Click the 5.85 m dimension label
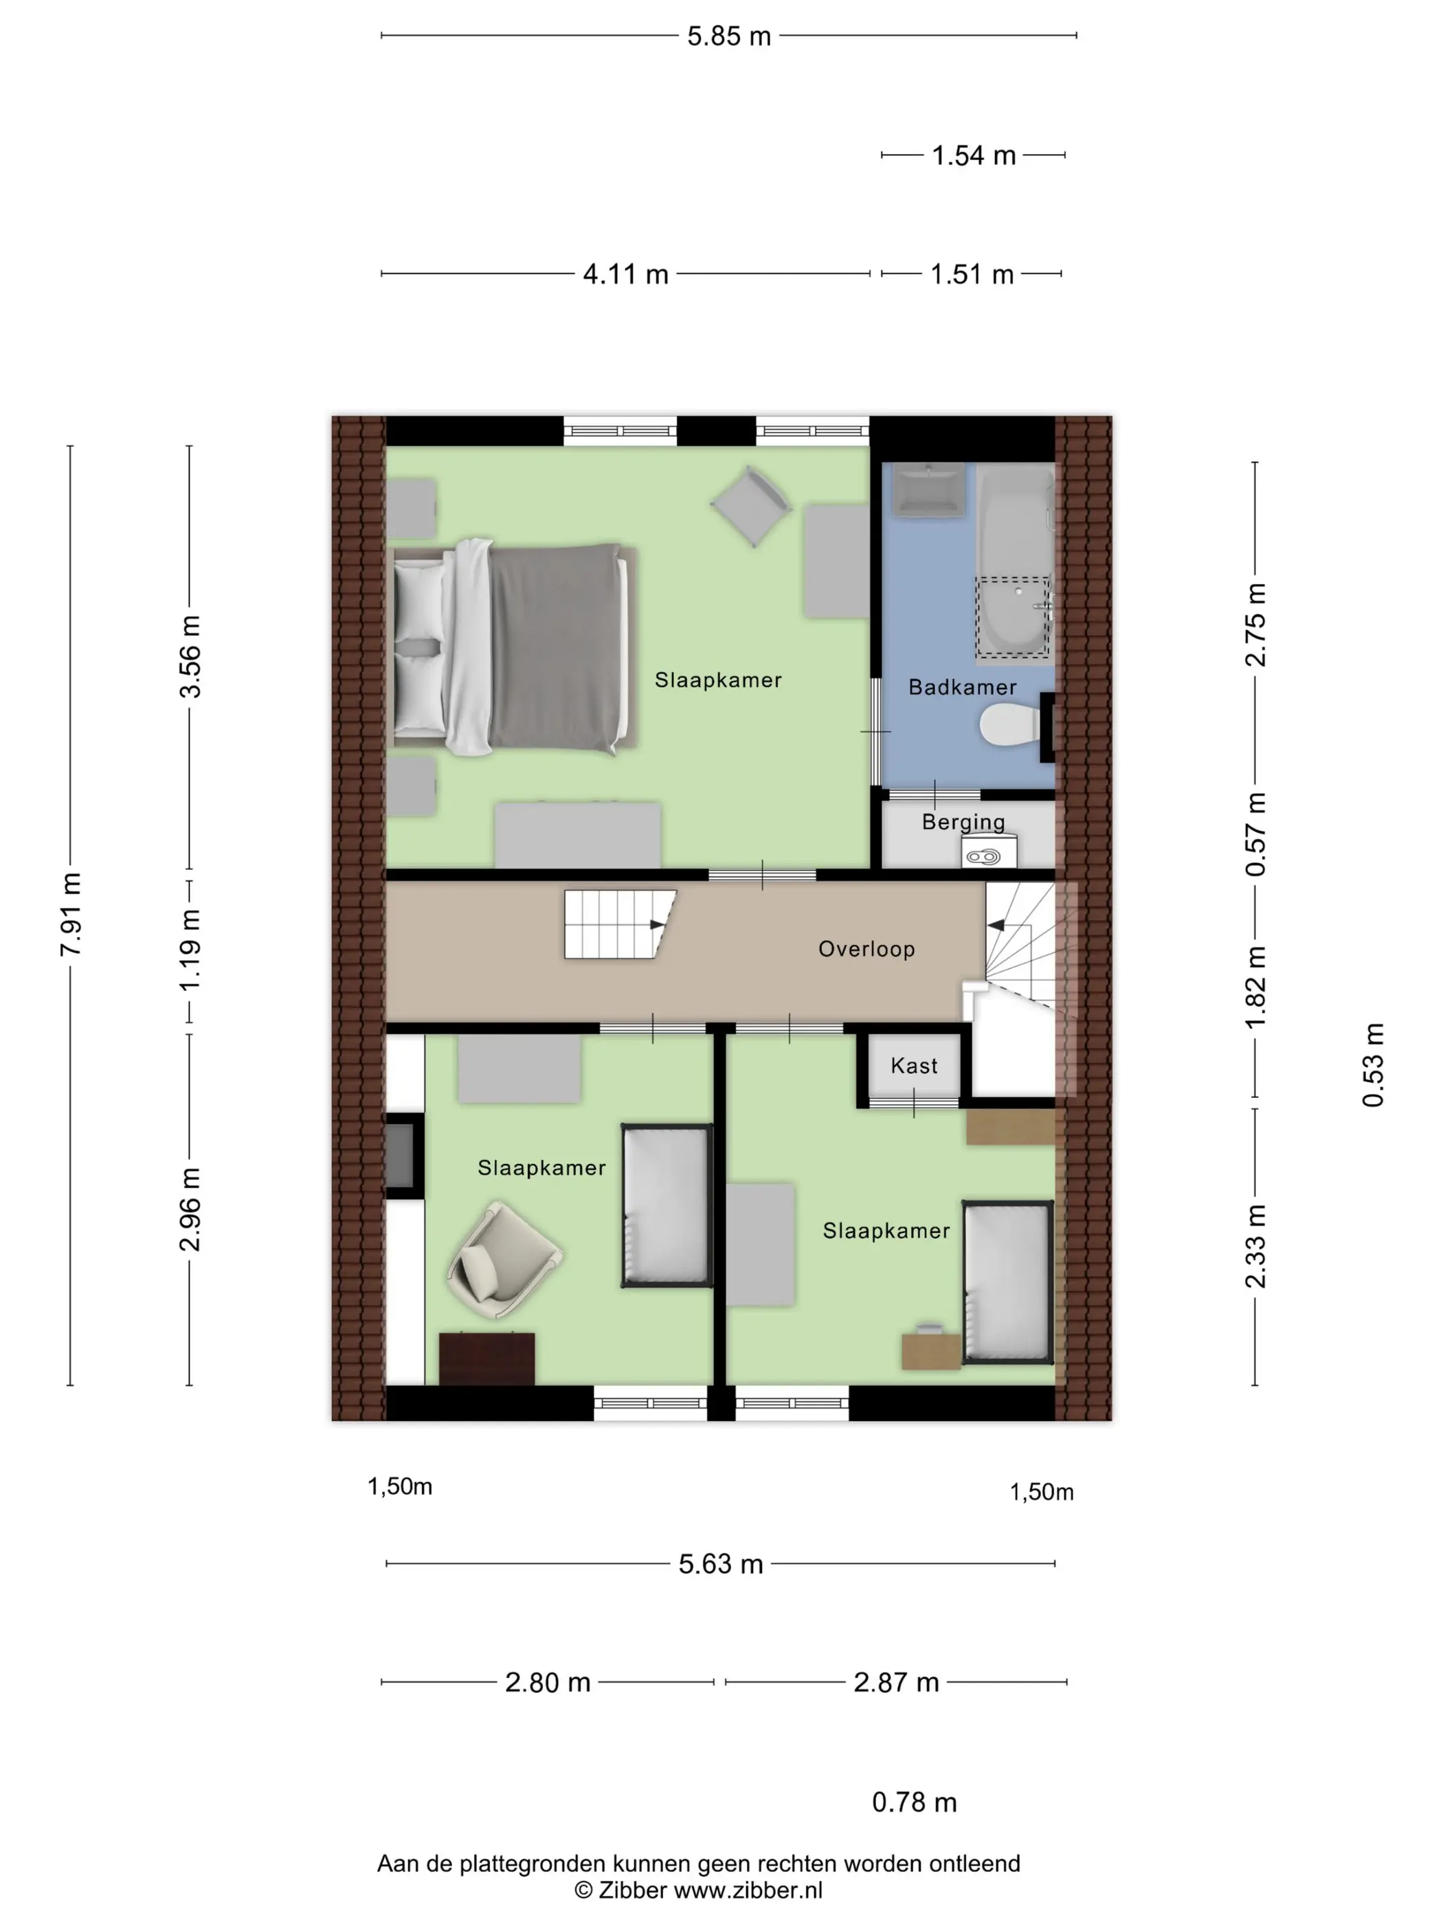(x=729, y=36)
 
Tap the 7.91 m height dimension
(x=71, y=914)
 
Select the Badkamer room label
(x=962, y=687)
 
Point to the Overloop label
(x=866, y=949)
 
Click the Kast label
(x=913, y=1066)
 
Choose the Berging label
(x=963, y=822)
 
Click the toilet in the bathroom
(x=1011, y=726)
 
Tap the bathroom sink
(x=930, y=490)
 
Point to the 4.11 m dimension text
(x=625, y=275)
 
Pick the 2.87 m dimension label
(x=896, y=1682)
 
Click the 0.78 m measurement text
(x=914, y=1802)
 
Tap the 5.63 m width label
(x=720, y=1564)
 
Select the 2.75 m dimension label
(x=1255, y=625)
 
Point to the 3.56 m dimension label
(x=190, y=657)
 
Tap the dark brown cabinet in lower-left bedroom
(x=487, y=1358)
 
